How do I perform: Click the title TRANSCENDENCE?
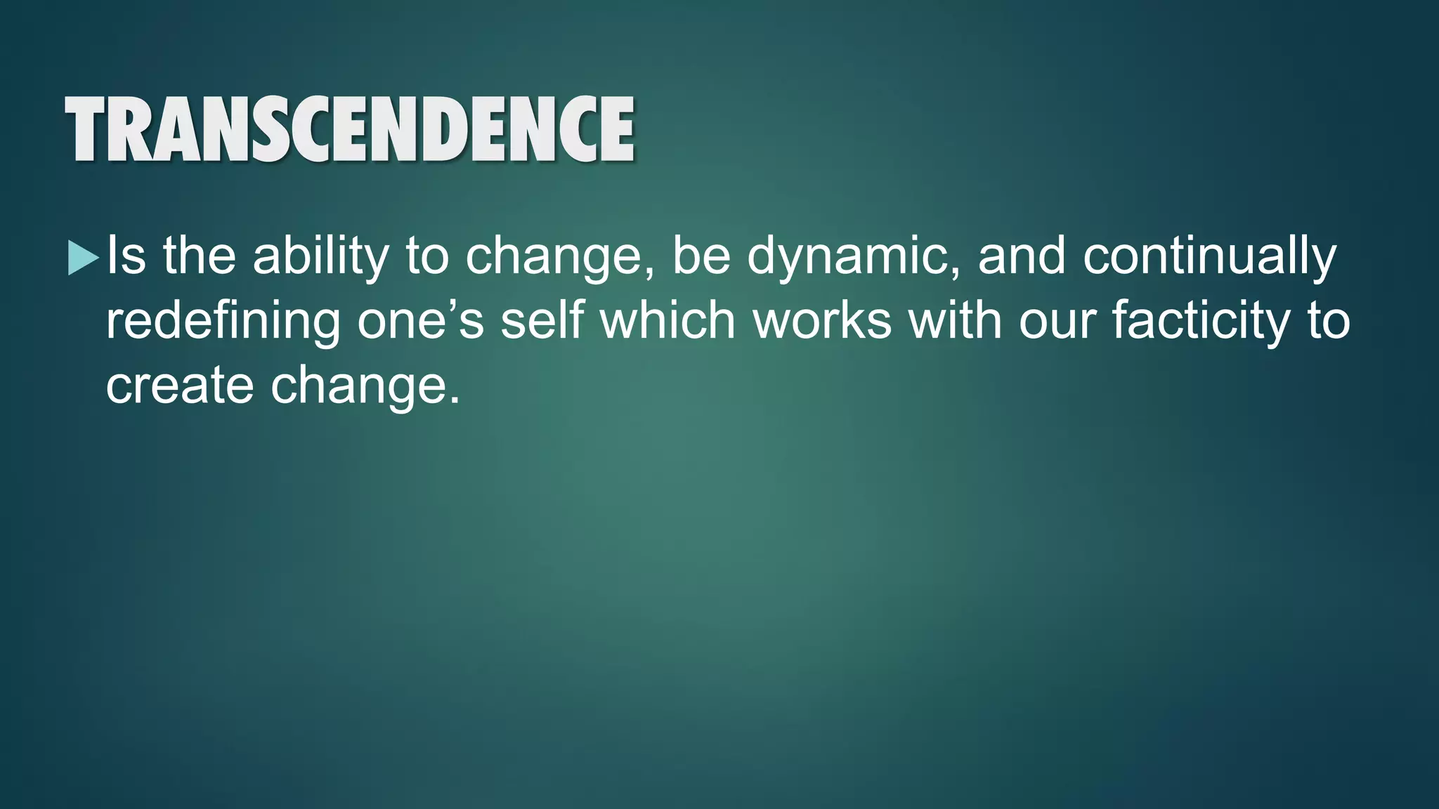coord(350,129)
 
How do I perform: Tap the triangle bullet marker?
coord(84,258)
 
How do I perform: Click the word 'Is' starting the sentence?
coord(126,256)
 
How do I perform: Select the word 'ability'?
coord(320,256)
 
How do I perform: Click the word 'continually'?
coord(1209,256)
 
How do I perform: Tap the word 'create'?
coord(180,386)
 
